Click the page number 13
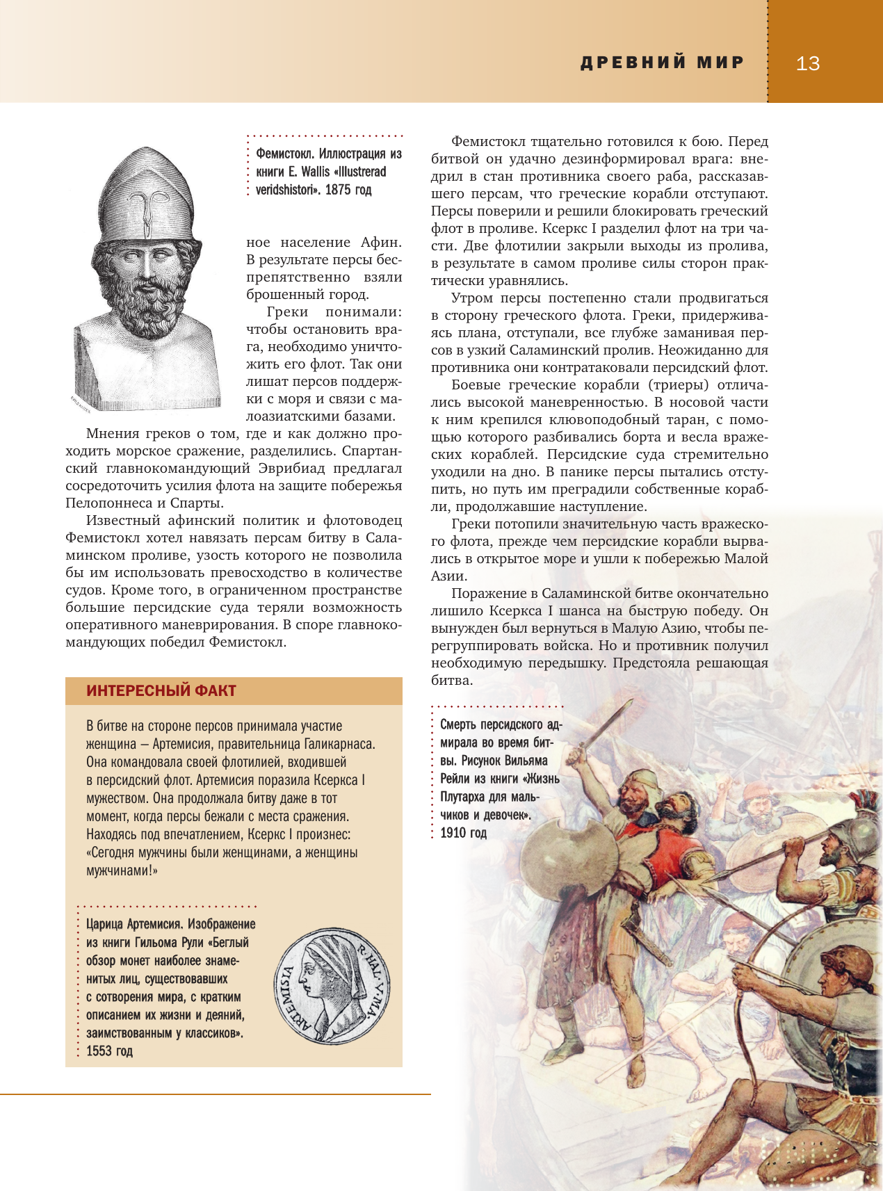pyautogui.click(x=807, y=64)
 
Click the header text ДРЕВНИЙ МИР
pyautogui.click(x=662, y=63)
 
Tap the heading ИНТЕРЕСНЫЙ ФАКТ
pyautogui.click(x=161, y=690)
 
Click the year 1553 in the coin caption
pyautogui.click(x=100, y=1051)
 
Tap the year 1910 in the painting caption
pyautogui.click(x=455, y=833)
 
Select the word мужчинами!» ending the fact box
pyautogui.click(x=122, y=870)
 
